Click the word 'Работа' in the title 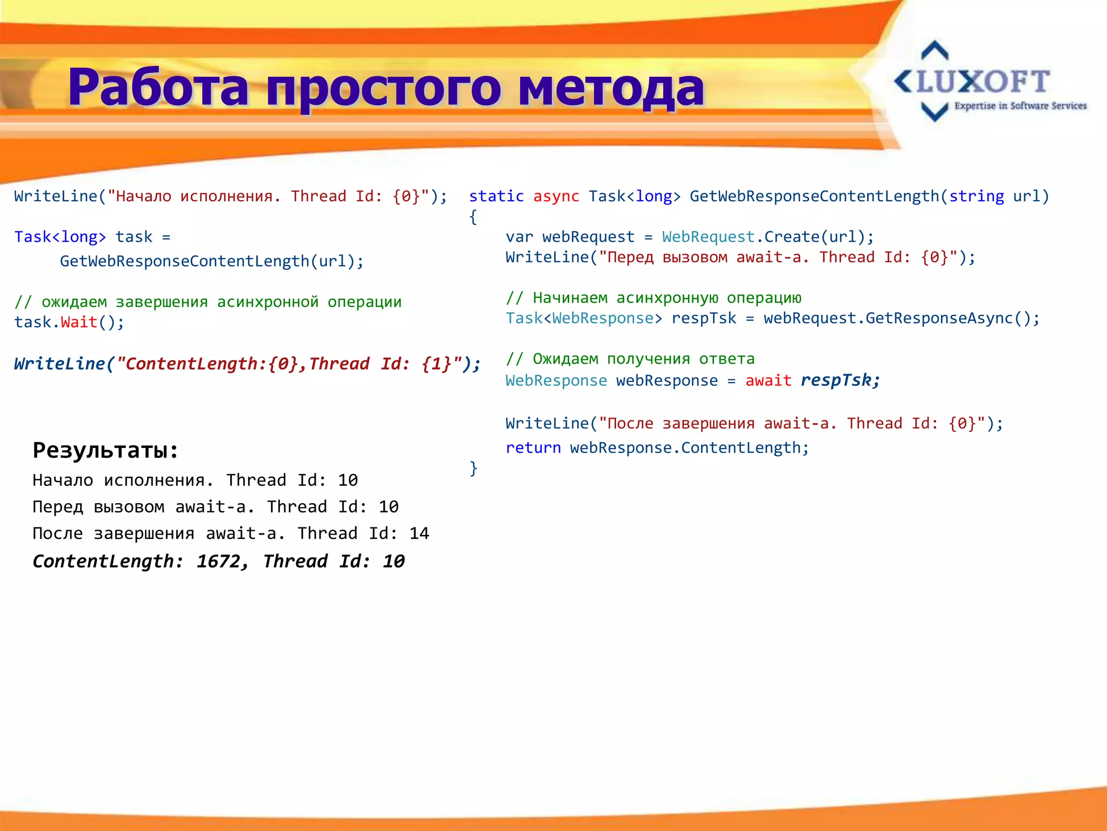click(x=158, y=88)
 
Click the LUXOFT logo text click(x=983, y=82)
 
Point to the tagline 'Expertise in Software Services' click(x=1020, y=106)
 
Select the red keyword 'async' click(x=556, y=196)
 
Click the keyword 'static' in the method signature click(x=496, y=196)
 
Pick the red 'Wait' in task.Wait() click(x=79, y=322)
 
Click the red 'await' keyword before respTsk click(x=768, y=381)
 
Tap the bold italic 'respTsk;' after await click(x=840, y=380)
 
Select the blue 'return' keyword click(x=533, y=448)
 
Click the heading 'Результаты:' click(x=105, y=450)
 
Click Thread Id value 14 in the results click(x=419, y=534)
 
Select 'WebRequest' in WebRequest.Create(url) click(x=708, y=237)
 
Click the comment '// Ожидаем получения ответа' click(x=630, y=359)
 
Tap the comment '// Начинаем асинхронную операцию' click(x=653, y=298)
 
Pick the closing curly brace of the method click(x=474, y=468)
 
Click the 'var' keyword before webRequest click(x=519, y=237)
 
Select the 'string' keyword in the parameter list click(x=976, y=196)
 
